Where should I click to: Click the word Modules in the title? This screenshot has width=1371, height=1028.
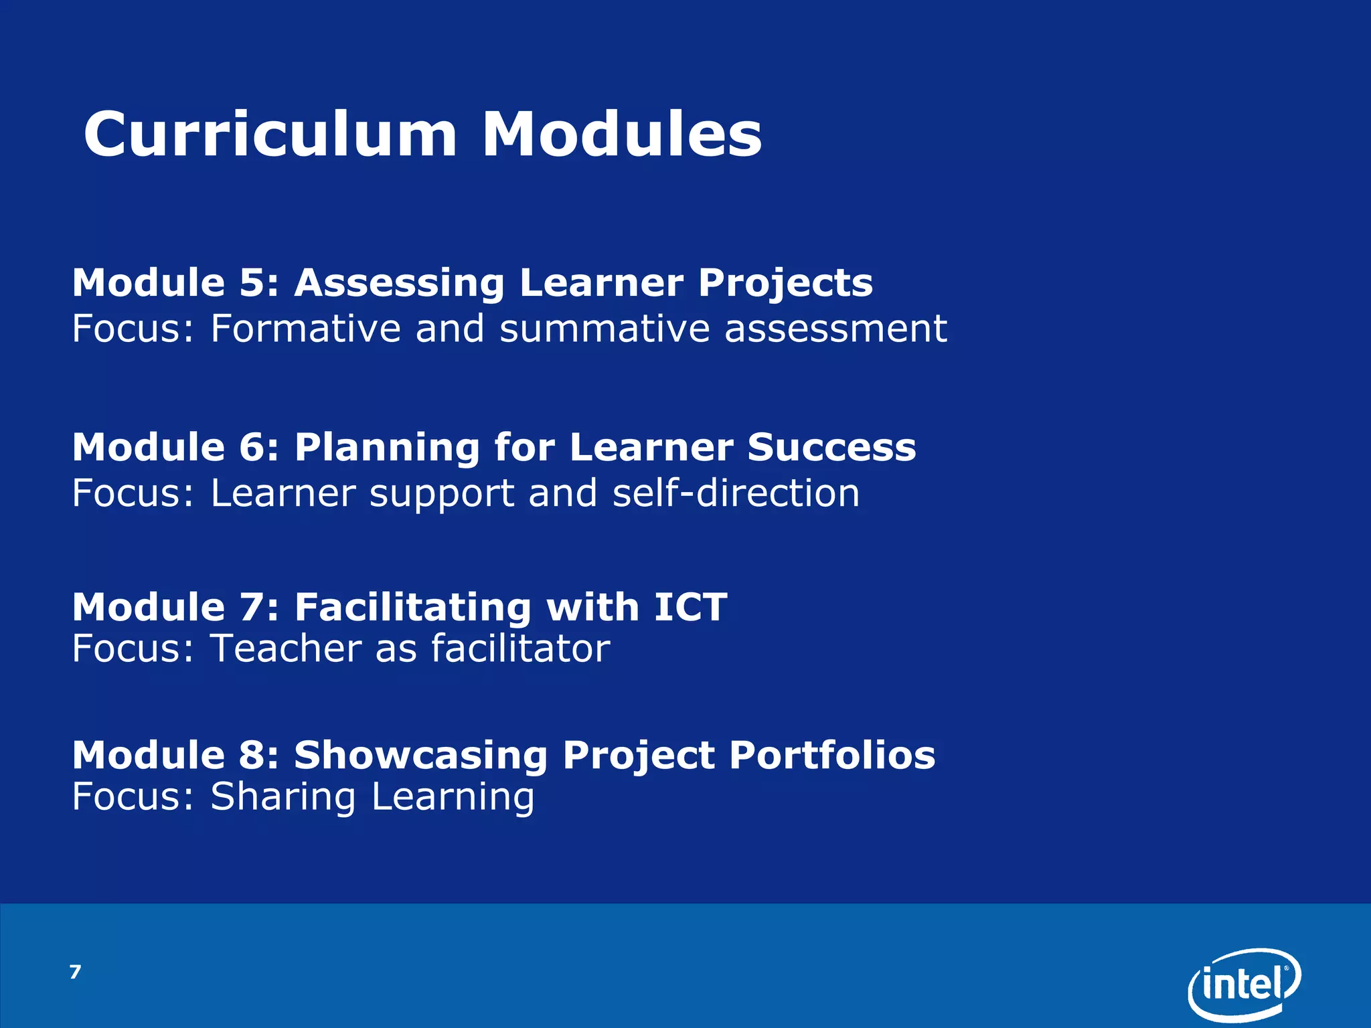(x=622, y=135)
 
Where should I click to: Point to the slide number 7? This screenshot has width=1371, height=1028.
(x=75, y=972)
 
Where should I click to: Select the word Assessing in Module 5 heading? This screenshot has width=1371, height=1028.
(x=400, y=284)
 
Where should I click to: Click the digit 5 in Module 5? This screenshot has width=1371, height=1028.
(x=252, y=282)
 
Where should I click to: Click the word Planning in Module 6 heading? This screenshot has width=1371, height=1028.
(x=387, y=448)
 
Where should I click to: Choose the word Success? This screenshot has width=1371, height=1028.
(x=831, y=447)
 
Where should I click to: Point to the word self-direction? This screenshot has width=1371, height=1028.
(x=736, y=493)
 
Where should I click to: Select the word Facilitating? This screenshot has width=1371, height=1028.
(x=413, y=607)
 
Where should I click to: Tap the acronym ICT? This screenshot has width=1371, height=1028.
(x=690, y=607)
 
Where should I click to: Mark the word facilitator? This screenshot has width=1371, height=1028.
(x=520, y=649)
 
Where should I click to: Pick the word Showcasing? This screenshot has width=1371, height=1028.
(x=421, y=756)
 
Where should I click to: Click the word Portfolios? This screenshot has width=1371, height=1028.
(x=832, y=756)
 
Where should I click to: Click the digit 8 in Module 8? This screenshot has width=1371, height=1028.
(x=252, y=756)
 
